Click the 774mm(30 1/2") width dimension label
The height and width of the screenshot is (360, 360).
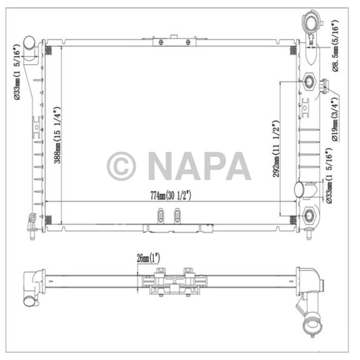pos(164,195)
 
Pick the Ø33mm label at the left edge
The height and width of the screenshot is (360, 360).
pos(17,72)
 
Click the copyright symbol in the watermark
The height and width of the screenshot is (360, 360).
pos(121,166)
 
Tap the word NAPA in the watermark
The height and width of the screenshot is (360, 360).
pos(199,166)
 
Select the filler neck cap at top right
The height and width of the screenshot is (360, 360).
pos(312,23)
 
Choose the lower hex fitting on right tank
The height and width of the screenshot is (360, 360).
pos(309,215)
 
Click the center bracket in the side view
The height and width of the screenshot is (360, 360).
pos(170,282)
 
